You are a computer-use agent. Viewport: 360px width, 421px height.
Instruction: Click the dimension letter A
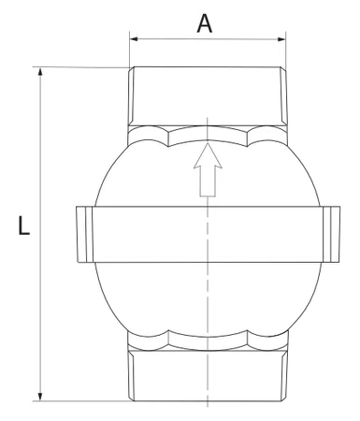205,22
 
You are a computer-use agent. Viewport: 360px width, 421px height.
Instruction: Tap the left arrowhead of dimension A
134,40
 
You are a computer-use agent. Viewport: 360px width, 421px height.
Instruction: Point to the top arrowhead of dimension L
41,73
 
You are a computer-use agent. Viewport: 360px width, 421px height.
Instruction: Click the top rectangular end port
205,95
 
